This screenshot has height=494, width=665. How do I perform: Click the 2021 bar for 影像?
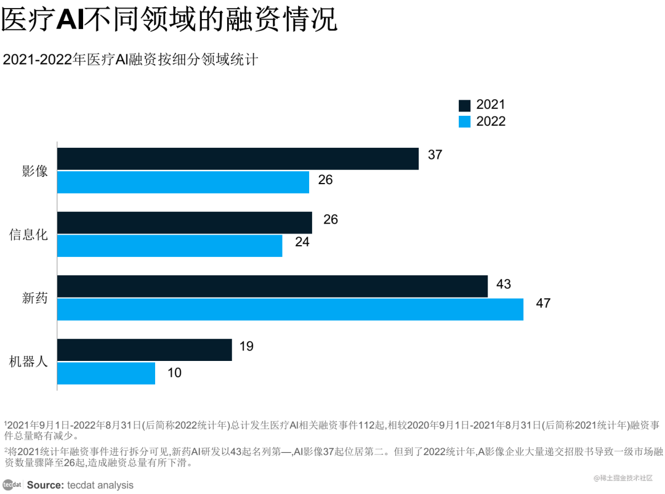pos(238,158)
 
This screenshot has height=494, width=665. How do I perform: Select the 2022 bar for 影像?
pos(183,182)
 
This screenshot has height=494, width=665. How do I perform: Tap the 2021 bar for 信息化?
pos(185,222)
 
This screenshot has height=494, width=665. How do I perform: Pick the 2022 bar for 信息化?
pos(170,246)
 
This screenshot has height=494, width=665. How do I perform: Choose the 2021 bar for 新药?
pos(272,286)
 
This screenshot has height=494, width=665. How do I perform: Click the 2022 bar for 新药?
pos(290,310)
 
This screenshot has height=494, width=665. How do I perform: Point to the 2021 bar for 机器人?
pos(145,350)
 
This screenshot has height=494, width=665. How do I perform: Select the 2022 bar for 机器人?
pos(106,373)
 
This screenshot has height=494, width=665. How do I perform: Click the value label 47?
pos(543,303)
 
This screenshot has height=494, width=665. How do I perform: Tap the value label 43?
pos(504,285)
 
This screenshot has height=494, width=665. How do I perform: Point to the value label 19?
pos(246,346)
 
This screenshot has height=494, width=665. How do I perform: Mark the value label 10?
pos(174,373)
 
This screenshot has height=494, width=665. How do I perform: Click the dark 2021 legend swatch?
pos(464,105)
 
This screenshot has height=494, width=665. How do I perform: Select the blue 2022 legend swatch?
pos(464,121)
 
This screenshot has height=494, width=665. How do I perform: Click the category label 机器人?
pos(28,362)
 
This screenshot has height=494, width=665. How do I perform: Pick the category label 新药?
pos(35,298)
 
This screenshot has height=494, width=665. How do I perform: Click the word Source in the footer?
pos(45,485)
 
